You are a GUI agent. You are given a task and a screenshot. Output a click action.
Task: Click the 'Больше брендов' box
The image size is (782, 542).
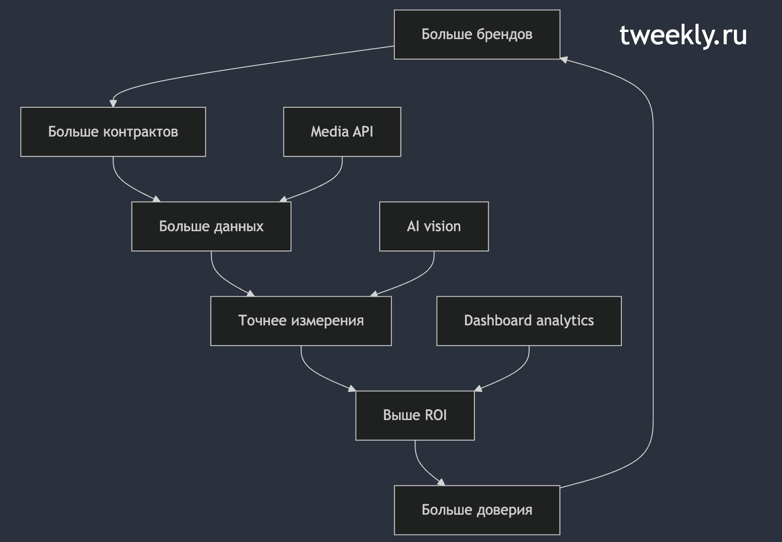[477, 34]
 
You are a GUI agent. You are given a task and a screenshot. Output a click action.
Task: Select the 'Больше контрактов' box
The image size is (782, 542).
[113, 132]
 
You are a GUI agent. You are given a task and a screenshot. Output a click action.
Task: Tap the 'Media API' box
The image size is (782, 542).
[342, 132]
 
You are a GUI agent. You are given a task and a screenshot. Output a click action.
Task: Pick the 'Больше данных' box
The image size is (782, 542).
[211, 227]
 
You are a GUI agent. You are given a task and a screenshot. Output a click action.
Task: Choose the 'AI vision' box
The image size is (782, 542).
[434, 227]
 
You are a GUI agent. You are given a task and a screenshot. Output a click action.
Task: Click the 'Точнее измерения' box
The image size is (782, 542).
[301, 321]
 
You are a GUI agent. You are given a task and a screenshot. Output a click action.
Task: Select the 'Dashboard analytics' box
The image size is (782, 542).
[529, 321]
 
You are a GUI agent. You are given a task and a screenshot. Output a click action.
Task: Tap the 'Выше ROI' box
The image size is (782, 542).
[415, 416]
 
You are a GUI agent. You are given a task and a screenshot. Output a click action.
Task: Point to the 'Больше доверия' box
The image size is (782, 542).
[477, 510]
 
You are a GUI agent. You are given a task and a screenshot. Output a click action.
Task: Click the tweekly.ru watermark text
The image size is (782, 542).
[683, 36]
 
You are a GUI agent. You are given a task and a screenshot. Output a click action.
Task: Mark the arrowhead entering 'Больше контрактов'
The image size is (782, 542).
[113, 103]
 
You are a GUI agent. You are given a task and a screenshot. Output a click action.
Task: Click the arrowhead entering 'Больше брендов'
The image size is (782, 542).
[564, 60]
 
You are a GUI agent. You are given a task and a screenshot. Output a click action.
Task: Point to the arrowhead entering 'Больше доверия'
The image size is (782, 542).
[441, 482]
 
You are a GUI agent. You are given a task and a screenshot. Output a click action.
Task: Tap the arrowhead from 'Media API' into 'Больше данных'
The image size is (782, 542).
[283, 199]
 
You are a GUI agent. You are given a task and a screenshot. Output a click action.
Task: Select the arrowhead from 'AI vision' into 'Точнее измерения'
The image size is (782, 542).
[374, 293]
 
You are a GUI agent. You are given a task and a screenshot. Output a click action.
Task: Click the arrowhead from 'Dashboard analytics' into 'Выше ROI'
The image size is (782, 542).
[478, 388]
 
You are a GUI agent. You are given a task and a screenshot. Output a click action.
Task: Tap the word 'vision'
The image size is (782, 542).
[442, 227]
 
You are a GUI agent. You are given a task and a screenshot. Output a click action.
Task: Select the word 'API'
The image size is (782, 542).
[363, 131]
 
